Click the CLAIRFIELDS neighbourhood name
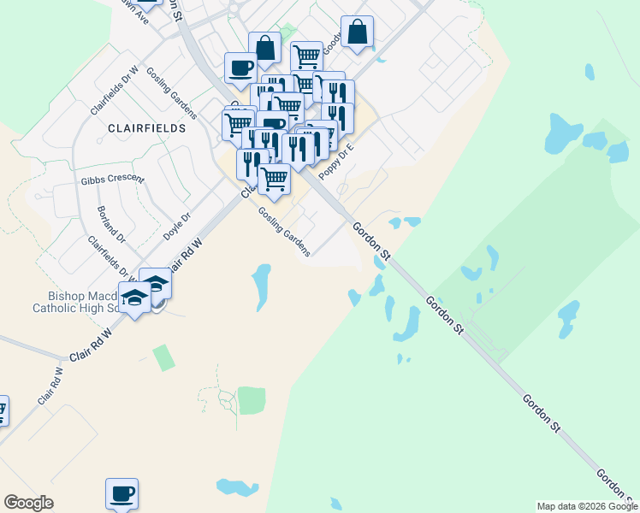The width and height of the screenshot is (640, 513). [147, 127]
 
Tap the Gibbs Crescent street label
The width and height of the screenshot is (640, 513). [113, 181]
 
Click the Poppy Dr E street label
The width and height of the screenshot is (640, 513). [336, 160]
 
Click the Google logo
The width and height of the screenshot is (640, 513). [28, 503]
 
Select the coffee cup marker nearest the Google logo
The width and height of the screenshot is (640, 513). [121, 493]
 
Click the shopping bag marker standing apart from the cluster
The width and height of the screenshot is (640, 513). [357, 32]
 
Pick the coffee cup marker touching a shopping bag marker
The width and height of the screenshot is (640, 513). [240, 67]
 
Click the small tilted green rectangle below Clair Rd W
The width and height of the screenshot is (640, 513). [163, 357]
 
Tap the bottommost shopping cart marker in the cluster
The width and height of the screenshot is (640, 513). [274, 179]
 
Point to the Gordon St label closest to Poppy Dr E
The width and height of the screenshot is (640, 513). [371, 242]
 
